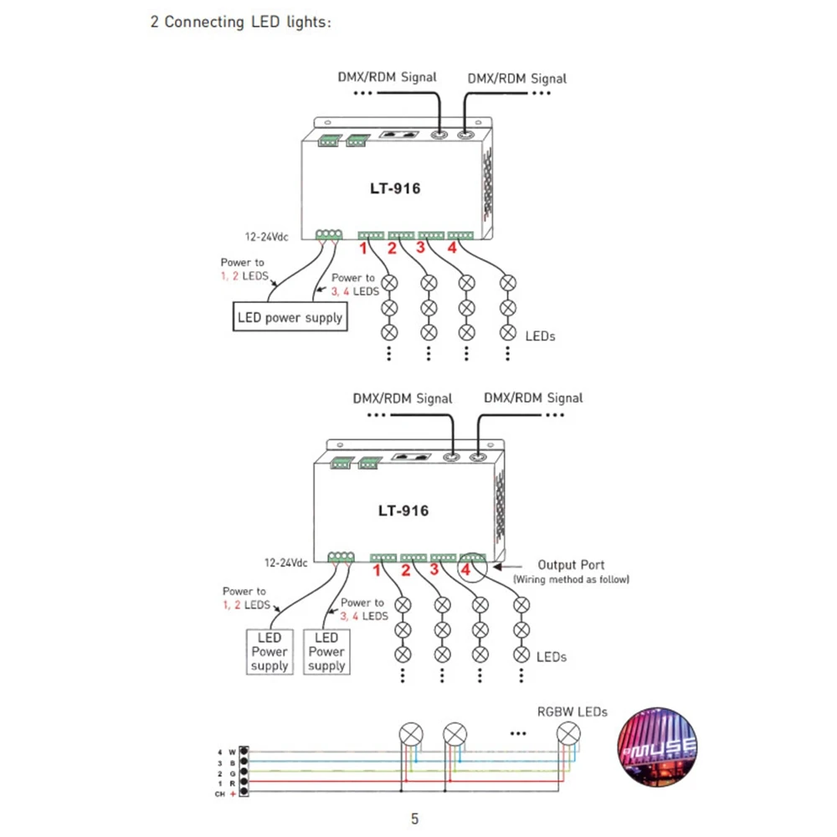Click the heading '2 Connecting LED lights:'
click(241, 22)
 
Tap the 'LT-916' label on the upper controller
click(395, 188)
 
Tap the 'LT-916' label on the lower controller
click(403, 511)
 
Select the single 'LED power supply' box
click(290, 317)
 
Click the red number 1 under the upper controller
click(363, 249)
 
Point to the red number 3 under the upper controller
click(421, 248)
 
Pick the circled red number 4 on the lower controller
click(466, 569)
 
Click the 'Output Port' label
click(571, 565)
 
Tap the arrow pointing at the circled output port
click(508, 567)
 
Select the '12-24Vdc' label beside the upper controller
click(266, 237)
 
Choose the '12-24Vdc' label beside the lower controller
click(286, 562)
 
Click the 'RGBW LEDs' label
click(573, 711)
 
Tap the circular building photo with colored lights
click(657, 747)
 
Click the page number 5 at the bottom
click(415, 819)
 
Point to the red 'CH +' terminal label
click(225, 794)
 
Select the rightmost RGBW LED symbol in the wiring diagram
click(568, 733)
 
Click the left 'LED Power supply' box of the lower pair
click(270, 652)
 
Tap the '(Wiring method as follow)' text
click(571, 580)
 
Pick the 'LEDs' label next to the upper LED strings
click(540, 336)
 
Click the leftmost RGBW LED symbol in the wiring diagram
click(411, 735)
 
